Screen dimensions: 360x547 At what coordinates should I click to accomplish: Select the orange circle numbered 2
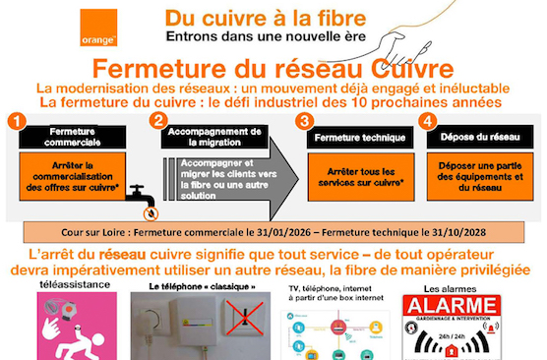point(156,121)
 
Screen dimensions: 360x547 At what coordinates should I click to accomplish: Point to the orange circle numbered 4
point(426,121)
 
